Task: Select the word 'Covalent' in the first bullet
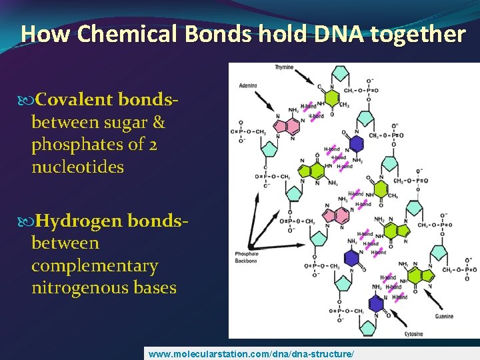[x=75, y=100]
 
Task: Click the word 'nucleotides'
[x=77, y=167]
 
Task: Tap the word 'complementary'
[x=95, y=265]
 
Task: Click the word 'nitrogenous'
[x=71, y=287]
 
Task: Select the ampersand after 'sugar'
[x=157, y=122]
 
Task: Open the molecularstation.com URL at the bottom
[x=251, y=353]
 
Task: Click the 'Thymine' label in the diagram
[x=284, y=67]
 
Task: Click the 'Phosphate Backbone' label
[x=246, y=257]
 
